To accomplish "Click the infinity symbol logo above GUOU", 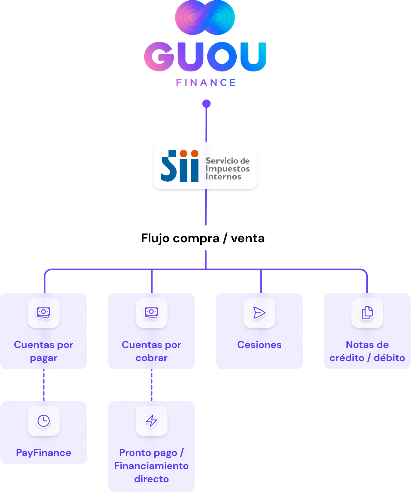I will pos(205,17).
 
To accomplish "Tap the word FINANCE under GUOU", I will pos(206,83).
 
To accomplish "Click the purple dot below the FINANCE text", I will pos(206,103).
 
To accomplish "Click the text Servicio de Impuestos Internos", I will pos(227,169).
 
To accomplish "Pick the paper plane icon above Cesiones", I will pos(259,313).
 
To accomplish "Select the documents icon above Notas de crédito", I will pos(367,313).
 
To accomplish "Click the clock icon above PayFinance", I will pos(44,421).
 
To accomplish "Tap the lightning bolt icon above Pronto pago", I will pos(152,421).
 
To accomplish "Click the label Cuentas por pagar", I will pos(44,351).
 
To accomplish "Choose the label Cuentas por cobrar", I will pos(152,351).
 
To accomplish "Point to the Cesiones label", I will pos(259,345).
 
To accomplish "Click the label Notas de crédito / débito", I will pos(367,351).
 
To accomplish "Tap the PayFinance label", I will pos(44,453).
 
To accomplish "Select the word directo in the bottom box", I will pos(152,479).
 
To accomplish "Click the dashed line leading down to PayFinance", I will pos(44,385).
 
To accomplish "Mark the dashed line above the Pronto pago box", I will pos(152,385).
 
